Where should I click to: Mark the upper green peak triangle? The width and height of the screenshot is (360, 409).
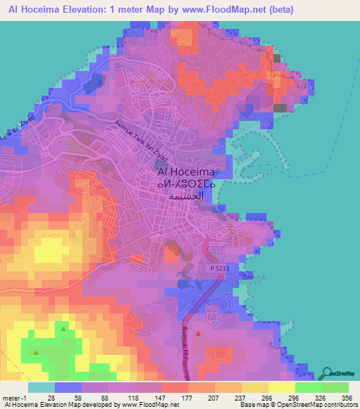[x=64, y=328]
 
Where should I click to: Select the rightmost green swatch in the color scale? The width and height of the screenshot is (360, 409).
[x=335, y=387]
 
